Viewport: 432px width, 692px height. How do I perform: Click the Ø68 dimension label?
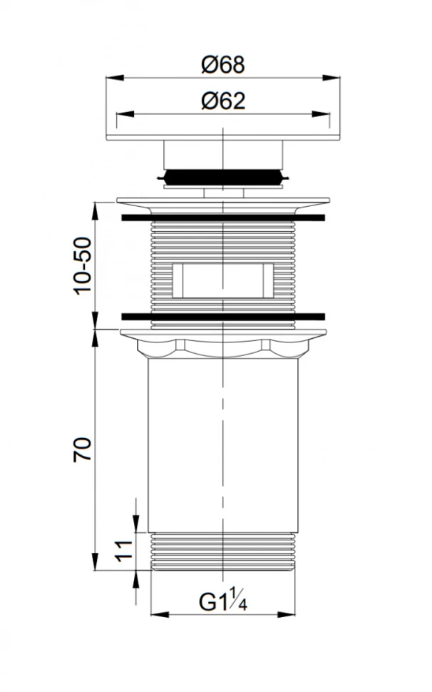222,65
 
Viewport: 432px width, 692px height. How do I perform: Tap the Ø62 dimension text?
223,101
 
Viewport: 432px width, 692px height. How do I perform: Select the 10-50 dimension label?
83,265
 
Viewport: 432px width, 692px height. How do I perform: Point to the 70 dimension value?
83,449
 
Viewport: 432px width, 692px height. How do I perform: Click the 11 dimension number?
124,551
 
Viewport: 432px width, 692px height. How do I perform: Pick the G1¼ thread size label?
222,601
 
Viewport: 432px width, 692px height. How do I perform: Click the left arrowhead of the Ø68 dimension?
115,78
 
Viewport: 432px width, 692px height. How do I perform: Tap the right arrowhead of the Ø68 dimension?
331,78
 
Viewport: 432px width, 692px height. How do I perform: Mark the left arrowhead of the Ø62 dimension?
125,114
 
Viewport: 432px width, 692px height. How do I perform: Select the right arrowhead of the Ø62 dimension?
321,114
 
